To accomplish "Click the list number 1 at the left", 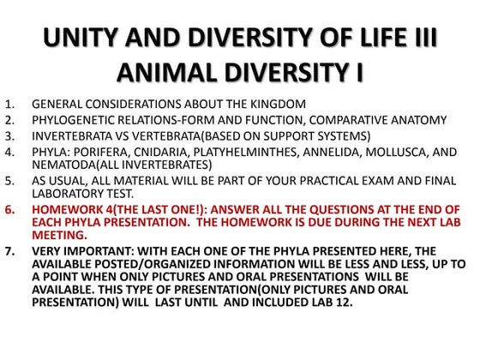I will coord(10,105).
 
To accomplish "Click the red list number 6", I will coord(10,210).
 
